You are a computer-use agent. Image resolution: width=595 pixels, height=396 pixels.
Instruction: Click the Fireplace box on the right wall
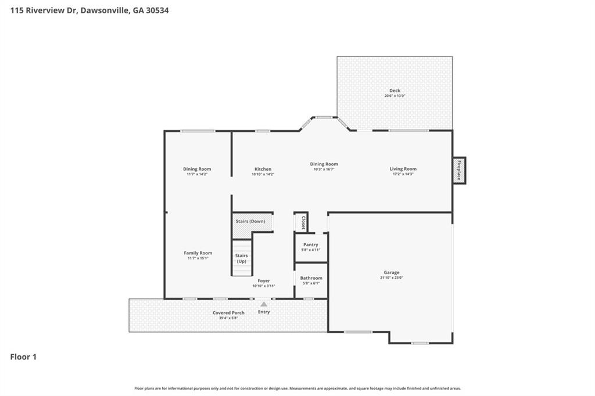point(459,170)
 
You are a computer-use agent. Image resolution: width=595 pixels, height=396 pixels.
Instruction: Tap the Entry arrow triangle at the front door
point(264,304)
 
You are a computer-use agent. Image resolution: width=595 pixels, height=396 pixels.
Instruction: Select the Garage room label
point(391,272)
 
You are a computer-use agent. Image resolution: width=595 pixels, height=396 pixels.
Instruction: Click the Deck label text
point(395,91)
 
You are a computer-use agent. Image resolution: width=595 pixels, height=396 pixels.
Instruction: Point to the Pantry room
point(311,247)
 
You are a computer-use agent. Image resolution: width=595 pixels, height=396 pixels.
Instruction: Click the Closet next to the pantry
point(302,222)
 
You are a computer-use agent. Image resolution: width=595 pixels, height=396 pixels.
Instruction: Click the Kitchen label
point(263,169)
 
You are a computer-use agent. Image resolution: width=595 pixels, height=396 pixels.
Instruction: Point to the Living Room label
point(403,169)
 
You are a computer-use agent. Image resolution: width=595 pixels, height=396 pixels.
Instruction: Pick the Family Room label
point(198,253)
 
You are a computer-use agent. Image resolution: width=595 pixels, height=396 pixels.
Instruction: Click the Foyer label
point(264,281)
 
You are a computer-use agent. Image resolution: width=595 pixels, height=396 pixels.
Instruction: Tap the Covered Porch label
point(228,312)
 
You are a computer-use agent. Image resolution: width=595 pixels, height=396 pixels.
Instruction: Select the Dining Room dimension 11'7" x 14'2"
point(198,174)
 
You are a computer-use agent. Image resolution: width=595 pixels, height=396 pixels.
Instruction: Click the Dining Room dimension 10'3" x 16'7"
point(324,169)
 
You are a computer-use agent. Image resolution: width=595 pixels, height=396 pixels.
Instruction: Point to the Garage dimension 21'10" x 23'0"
point(391,278)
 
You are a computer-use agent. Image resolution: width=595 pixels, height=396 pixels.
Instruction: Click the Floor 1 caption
point(23,357)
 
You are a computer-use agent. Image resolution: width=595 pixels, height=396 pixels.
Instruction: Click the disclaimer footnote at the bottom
point(297,388)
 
